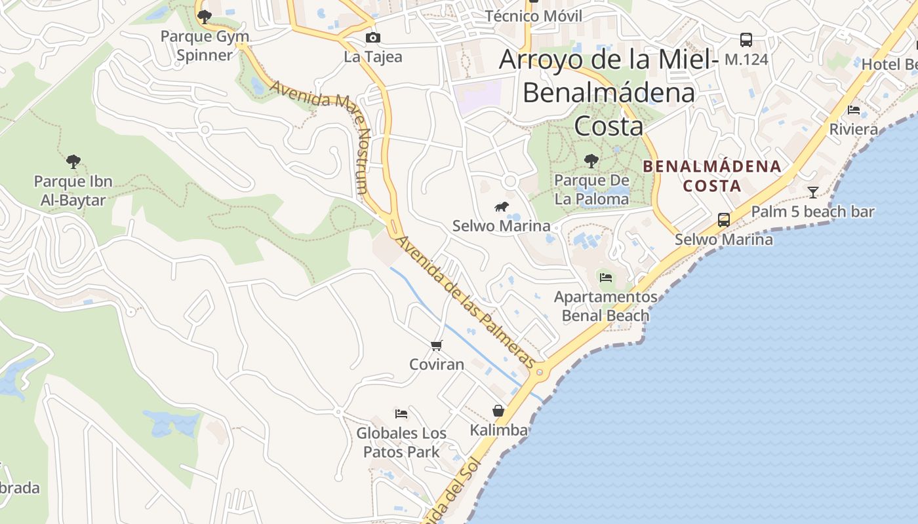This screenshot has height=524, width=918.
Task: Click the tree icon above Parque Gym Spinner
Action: click(204, 15)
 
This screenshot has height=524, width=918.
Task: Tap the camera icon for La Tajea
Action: click(372, 38)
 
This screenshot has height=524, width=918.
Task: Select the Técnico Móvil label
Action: click(533, 16)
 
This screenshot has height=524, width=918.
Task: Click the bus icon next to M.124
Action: click(746, 40)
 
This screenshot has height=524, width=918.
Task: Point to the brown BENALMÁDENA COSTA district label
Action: click(712, 176)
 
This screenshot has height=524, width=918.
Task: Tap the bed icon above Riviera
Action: click(854, 109)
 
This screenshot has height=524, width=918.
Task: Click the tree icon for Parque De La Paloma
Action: click(591, 160)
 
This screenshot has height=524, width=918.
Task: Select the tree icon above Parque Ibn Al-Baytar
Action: click(73, 160)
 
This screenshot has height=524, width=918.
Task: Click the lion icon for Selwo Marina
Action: click(502, 207)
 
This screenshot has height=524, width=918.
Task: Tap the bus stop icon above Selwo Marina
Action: click(724, 220)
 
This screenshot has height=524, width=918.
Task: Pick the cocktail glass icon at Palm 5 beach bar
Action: click(813, 192)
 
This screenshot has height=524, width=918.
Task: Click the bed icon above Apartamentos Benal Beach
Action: click(606, 278)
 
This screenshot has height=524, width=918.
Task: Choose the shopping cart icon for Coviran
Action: click(437, 345)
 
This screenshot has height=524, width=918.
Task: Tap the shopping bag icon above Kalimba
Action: click(498, 411)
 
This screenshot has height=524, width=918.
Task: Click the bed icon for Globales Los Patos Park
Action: click(401, 413)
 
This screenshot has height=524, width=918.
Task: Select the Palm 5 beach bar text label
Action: click(812, 212)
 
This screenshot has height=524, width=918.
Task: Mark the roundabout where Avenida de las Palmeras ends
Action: click(540, 372)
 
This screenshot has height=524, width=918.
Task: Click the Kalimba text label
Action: click(499, 430)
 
